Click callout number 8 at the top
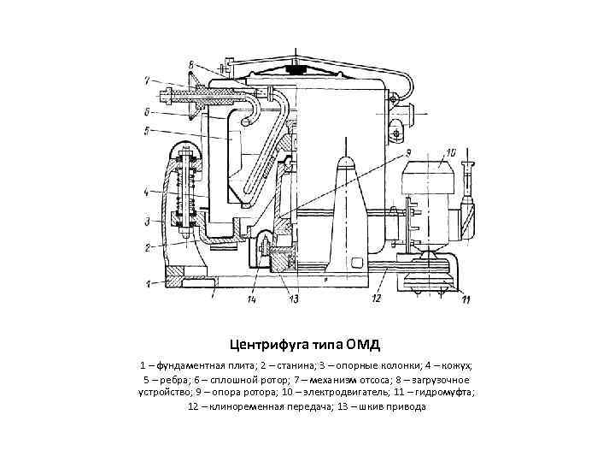(x=191, y=62)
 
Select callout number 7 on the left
(x=147, y=81)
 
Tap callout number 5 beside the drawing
(x=147, y=131)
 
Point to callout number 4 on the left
(x=147, y=191)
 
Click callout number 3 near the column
(x=147, y=222)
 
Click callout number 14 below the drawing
(x=252, y=299)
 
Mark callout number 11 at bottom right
(x=466, y=298)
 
